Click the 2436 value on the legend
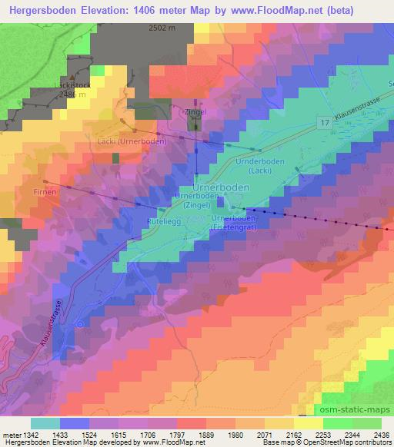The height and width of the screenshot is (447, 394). click(382, 434)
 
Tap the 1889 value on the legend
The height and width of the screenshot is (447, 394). click(205, 434)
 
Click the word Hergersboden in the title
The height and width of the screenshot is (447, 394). click(41, 9)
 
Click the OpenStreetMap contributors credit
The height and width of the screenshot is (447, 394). click(338, 442)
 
